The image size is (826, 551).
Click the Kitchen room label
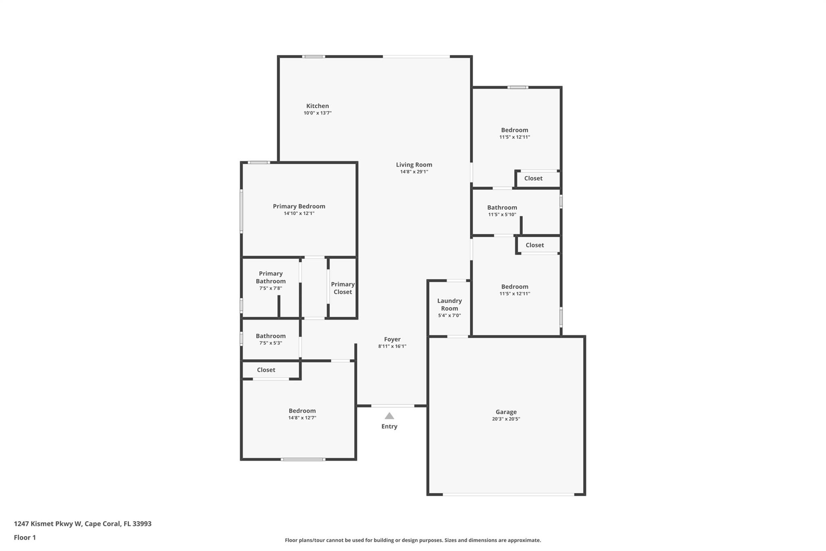point(317,106)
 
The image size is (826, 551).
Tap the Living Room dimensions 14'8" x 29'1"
point(414,172)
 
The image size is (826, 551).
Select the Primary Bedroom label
point(299,206)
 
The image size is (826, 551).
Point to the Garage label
point(506,412)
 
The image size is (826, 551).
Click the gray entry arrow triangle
point(389,416)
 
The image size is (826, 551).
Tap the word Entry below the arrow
point(389,426)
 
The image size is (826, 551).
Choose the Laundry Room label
point(450,304)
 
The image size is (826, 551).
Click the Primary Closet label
point(343,288)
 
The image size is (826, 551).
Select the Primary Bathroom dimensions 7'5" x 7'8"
point(271,288)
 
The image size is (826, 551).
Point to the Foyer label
point(392,339)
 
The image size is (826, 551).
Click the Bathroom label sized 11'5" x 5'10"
point(502,207)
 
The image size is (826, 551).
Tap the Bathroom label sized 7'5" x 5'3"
point(271,336)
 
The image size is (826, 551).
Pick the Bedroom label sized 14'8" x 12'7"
point(302,411)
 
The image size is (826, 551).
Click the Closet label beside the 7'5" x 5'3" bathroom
point(266,370)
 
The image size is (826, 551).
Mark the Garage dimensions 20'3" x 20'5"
point(506,419)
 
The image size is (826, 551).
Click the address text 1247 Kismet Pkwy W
point(48,524)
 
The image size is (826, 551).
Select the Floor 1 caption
point(25,537)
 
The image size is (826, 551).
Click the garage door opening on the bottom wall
point(509,494)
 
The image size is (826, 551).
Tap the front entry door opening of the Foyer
point(392,406)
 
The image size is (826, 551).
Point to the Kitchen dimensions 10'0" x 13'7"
point(318,113)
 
